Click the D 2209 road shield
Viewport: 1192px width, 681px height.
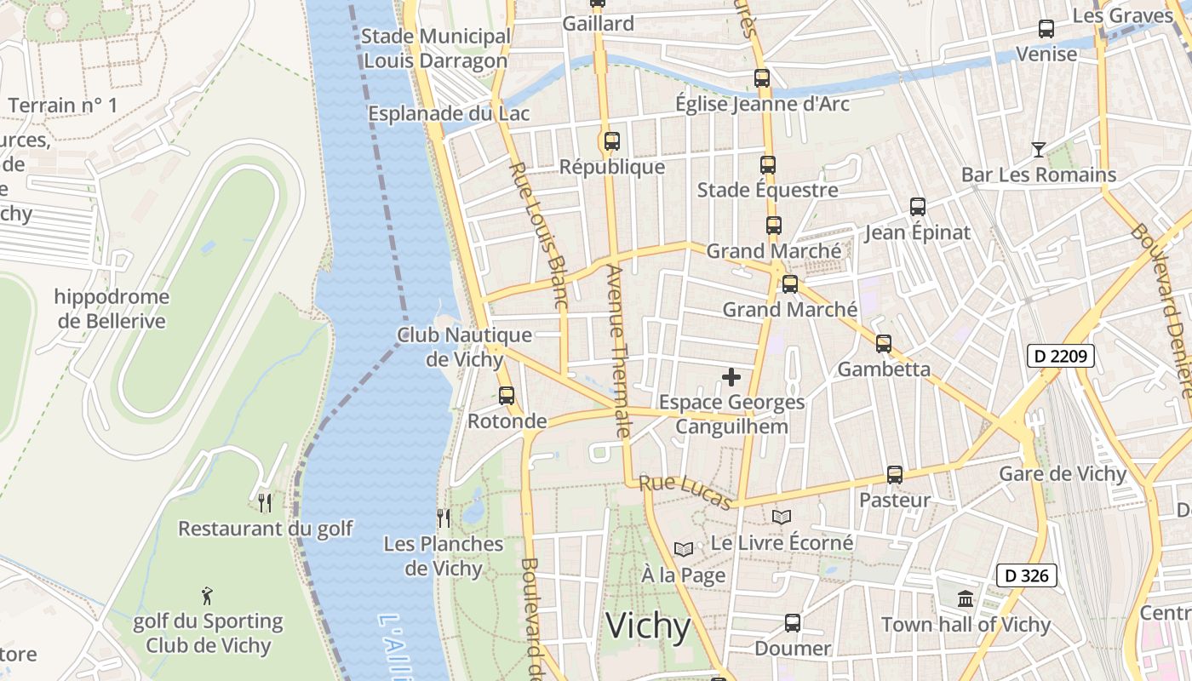(x=1059, y=356)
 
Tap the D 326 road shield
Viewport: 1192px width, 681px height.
(x=1027, y=575)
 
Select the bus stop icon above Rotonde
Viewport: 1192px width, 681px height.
(x=507, y=396)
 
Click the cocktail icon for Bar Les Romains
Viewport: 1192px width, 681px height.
(x=1038, y=150)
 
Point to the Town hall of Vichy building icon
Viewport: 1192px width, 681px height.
(x=965, y=599)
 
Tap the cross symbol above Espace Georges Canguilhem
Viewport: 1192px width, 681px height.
(x=731, y=377)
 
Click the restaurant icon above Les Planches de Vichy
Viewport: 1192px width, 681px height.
(x=443, y=518)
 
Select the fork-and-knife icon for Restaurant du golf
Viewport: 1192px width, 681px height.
(x=265, y=503)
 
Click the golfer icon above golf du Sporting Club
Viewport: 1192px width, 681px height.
(x=207, y=596)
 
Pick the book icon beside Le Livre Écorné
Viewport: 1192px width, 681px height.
(x=782, y=517)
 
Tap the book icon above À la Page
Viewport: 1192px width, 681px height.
(x=684, y=550)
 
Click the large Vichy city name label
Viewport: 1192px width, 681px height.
(x=648, y=627)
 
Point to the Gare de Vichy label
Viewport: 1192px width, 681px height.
(x=1063, y=474)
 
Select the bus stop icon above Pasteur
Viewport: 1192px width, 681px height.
(x=894, y=475)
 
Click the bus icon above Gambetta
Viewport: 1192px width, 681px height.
(x=884, y=344)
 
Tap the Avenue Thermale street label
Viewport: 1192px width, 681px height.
(x=617, y=351)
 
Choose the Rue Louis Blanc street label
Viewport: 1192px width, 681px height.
(x=538, y=234)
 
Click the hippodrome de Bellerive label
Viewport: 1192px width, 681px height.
(x=112, y=309)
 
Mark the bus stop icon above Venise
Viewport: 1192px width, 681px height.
(x=1046, y=29)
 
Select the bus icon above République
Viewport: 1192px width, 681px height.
(x=611, y=141)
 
